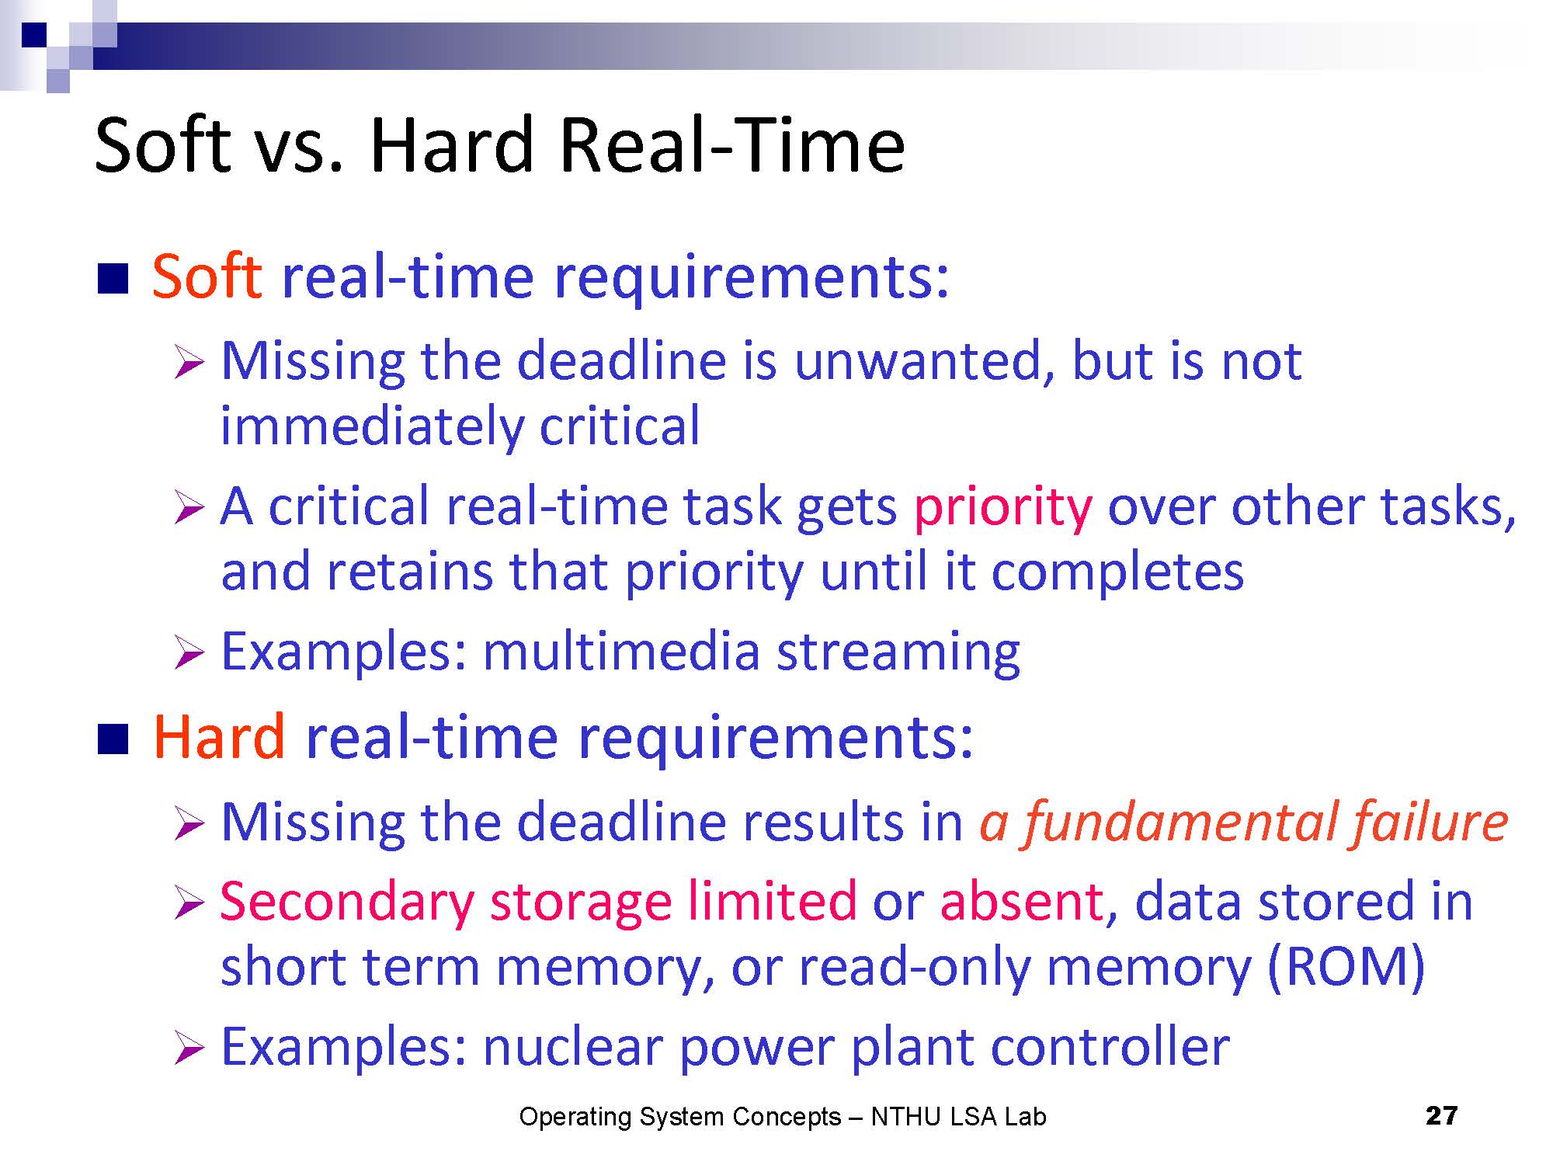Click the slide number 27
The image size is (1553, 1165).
[1442, 1116]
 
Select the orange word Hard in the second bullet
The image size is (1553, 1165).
[220, 736]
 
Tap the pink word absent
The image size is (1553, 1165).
[1021, 902]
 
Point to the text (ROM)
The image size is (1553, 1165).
[1346, 967]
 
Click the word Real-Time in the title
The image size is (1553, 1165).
[731, 145]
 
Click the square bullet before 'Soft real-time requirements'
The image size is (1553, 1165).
[113, 280]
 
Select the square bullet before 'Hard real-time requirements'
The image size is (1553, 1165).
[113, 740]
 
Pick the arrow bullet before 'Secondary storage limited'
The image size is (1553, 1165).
[189, 904]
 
